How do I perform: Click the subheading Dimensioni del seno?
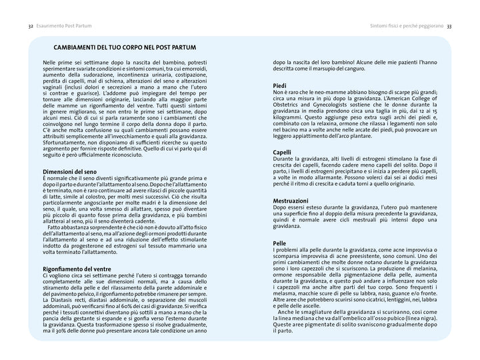71,172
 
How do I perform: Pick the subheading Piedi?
280,86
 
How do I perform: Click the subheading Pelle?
279,243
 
